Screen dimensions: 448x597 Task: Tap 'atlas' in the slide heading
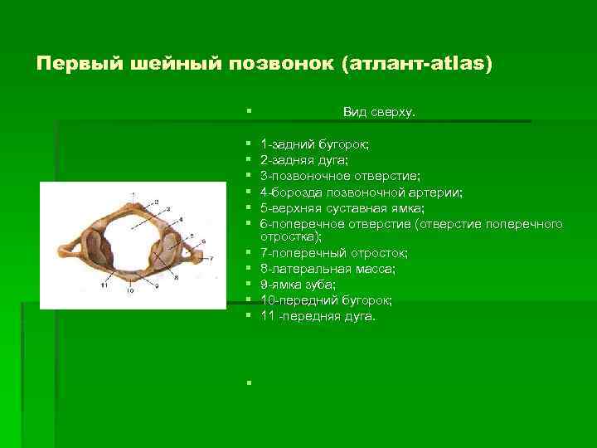tap(455, 64)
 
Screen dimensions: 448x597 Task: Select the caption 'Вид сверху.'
tap(379, 111)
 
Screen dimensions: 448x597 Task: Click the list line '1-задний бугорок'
tap(314, 144)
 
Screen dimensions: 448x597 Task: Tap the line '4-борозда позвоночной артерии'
tap(361, 192)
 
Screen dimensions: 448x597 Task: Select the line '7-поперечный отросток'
tap(327, 253)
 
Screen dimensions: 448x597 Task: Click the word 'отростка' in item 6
tap(285, 236)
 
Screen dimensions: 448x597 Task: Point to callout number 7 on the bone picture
tap(212, 259)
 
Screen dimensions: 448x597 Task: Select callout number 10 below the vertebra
tap(129, 291)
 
